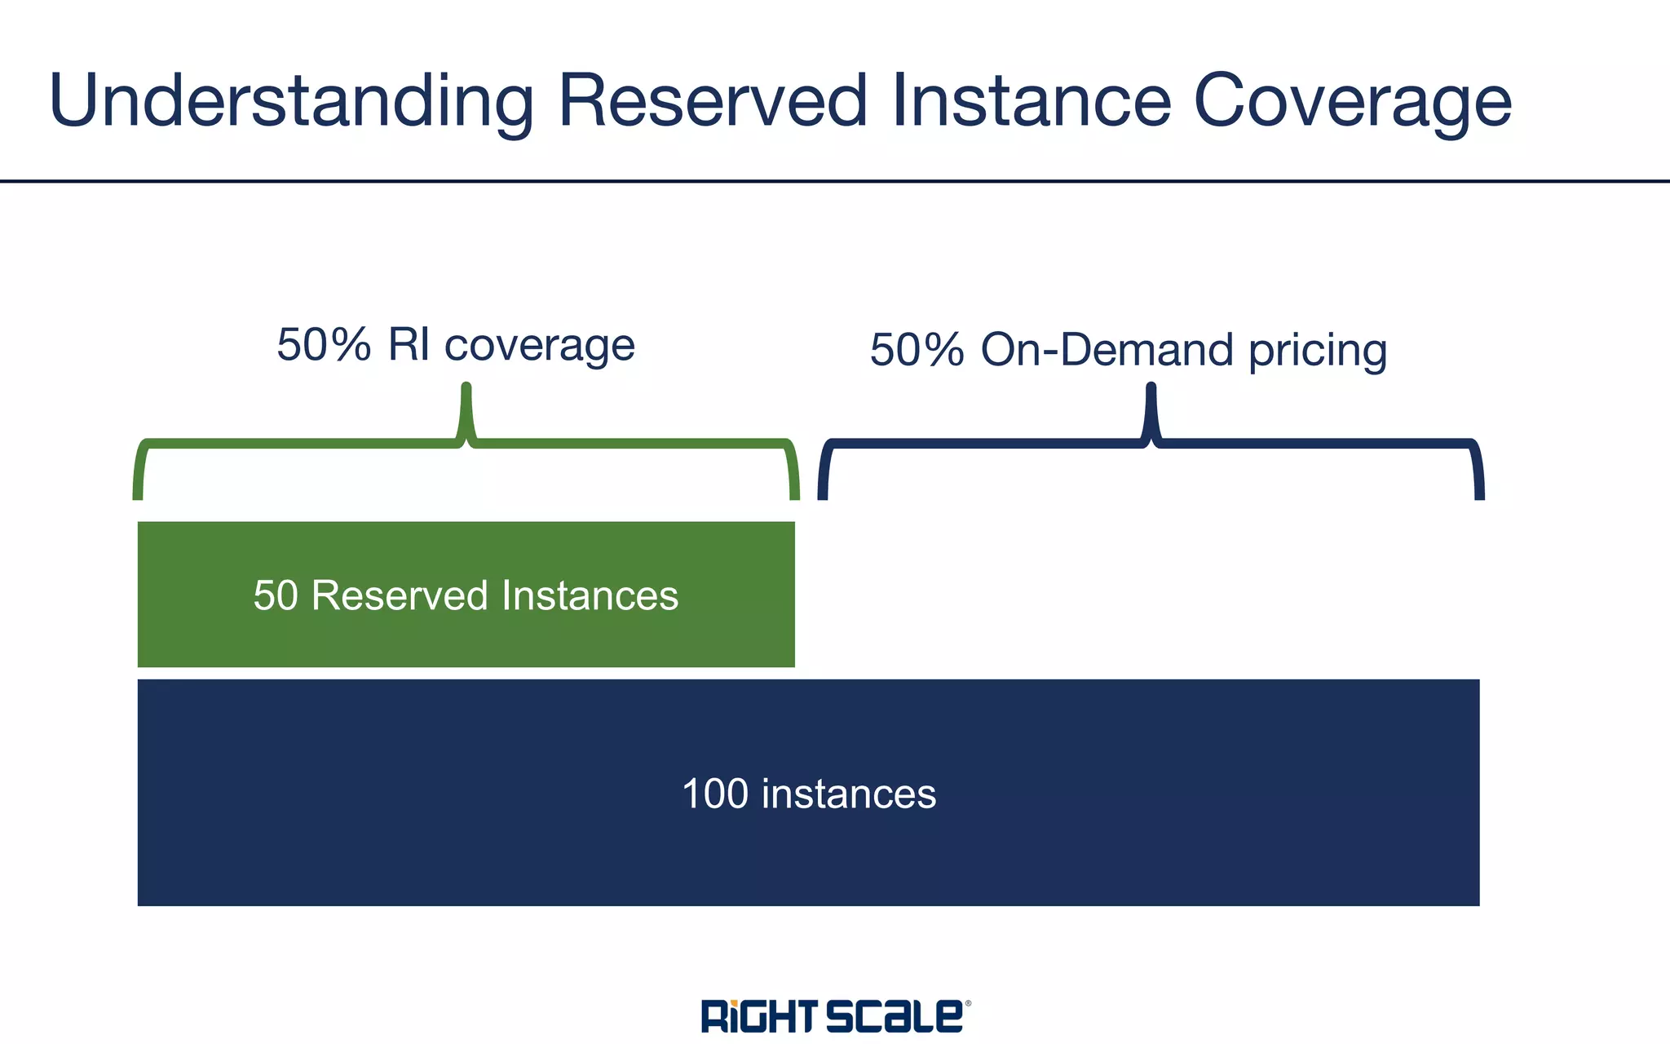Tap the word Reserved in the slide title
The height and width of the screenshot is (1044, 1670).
[x=713, y=100]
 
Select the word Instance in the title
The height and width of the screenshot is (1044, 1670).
[x=1032, y=100]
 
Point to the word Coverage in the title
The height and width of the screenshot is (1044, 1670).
[x=1353, y=102]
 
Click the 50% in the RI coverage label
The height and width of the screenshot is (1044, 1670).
[x=324, y=344]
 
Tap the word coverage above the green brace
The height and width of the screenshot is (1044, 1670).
[x=539, y=346]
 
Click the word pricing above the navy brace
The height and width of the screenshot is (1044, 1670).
[x=1318, y=352]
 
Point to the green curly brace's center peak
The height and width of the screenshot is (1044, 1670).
[x=466, y=408]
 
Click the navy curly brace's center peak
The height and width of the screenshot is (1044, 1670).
[x=1151, y=408]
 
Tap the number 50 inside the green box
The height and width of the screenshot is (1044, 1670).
[x=276, y=595]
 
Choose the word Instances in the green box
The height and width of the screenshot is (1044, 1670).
[x=590, y=595]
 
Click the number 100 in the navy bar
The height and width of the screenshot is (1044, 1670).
[x=714, y=794]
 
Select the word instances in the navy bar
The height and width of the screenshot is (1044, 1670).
[x=849, y=794]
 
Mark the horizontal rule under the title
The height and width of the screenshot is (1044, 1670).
[x=835, y=181]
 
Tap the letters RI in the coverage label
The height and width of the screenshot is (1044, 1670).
[x=409, y=344]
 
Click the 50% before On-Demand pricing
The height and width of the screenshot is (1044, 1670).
[x=917, y=350]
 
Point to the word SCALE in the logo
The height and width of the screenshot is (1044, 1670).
[x=895, y=1016]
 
